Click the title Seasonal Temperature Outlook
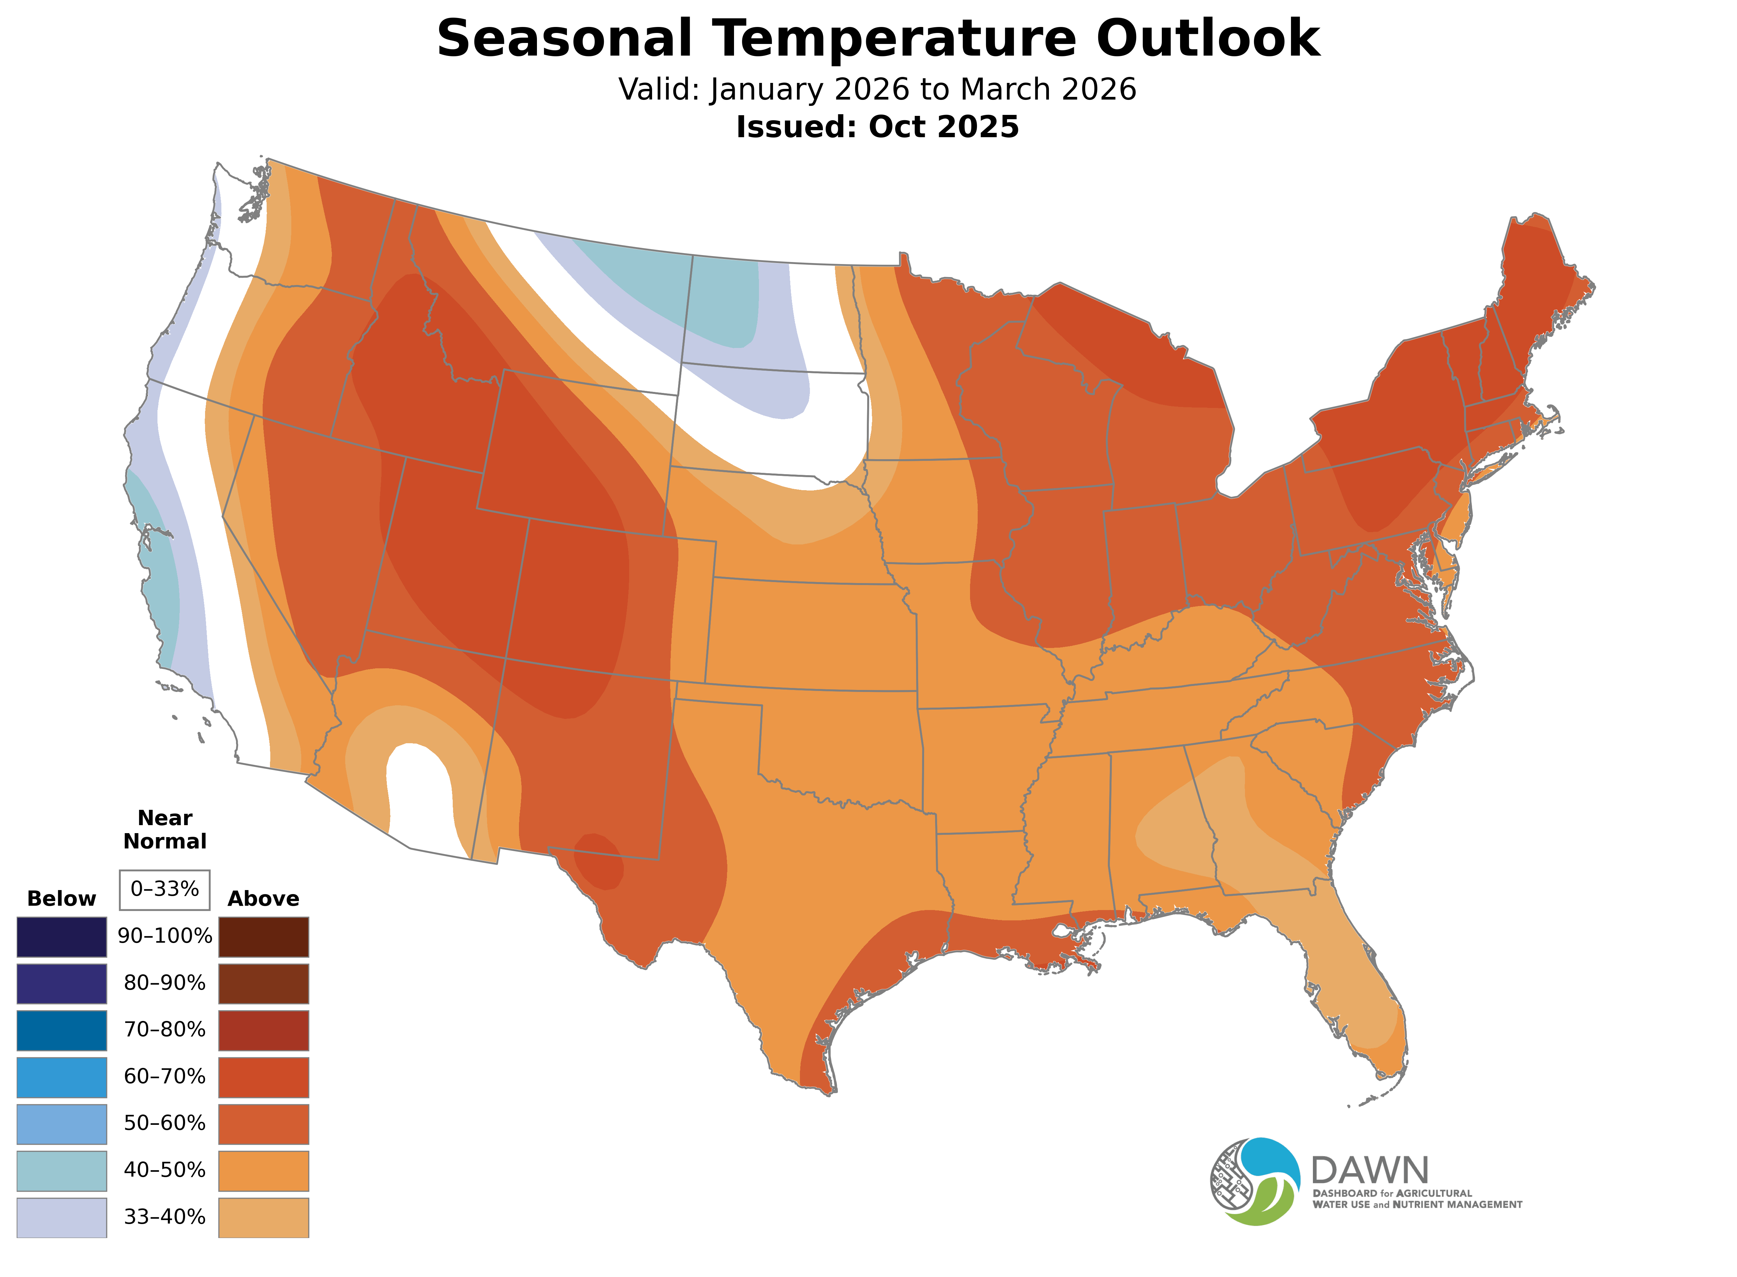(878, 39)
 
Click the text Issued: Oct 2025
(878, 127)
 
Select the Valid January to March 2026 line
(878, 90)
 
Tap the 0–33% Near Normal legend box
(164, 890)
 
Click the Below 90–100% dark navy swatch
(62, 937)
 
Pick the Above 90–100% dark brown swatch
(264, 937)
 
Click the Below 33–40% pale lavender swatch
(62, 1217)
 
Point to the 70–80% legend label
(164, 1030)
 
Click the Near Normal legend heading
(164, 829)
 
